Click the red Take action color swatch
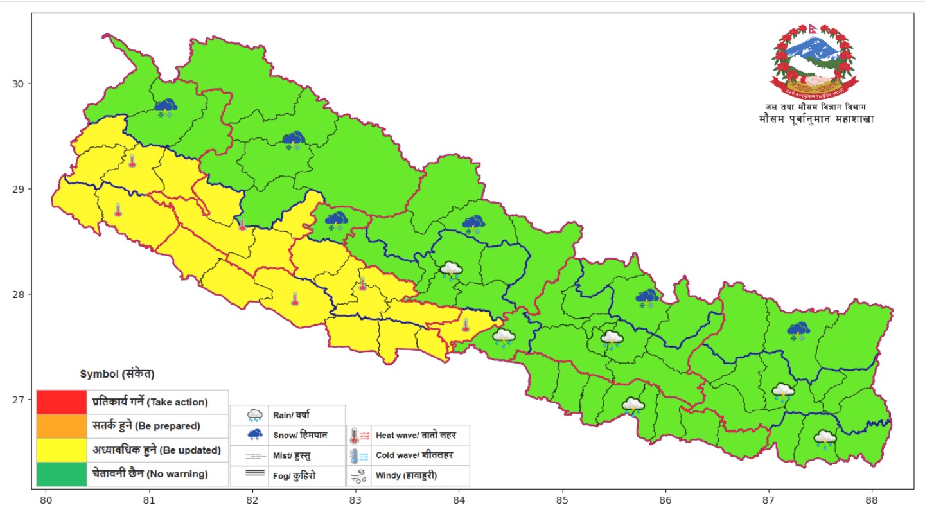coord(61,402)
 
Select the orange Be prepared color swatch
coord(61,426)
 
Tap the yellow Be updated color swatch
coord(61,450)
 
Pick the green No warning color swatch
coord(61,474)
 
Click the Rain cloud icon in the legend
coord(255,415)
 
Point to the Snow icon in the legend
coord(255,435)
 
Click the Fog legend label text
coord(294,476)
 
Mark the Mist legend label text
coord(295,455)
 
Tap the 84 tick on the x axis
coord(459,499)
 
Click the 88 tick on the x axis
coord(872,499)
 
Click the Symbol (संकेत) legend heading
coord(117,374)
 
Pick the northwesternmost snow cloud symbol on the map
coord(166,107)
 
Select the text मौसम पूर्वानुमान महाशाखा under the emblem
coord(816,119)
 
